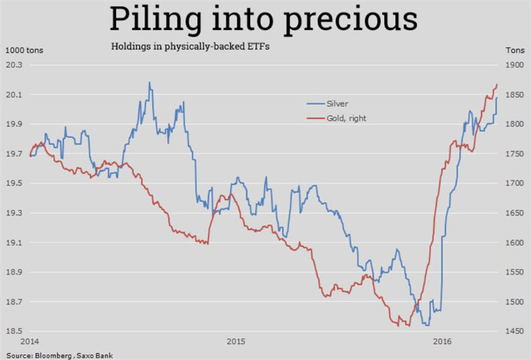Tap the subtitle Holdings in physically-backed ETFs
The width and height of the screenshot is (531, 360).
(191, 47)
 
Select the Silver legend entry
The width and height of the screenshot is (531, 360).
(337, 103)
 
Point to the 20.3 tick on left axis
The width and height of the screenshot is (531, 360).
(14, 65)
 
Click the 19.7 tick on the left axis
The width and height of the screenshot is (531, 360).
(14, 154)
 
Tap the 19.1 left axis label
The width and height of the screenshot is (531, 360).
(14, 243)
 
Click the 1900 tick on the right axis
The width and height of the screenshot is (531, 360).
(514, 65)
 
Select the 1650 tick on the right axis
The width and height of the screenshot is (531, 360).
(514, 213)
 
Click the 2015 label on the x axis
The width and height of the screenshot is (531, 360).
(235, 342)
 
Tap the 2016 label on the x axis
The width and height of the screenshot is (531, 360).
(442, 342)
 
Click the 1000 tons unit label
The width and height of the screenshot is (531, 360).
(25, 50)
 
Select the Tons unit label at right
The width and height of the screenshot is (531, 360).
(515, 50)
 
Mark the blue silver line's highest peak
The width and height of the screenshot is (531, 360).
(149, 83)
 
